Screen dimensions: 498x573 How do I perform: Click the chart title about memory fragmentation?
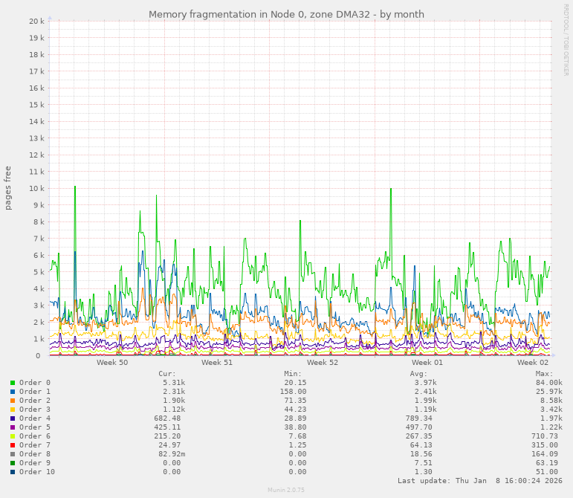(x=286, y=14)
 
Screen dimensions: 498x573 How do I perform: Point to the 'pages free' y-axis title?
(x=8, y=188)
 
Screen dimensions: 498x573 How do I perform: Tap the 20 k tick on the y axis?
(x=37, y=22)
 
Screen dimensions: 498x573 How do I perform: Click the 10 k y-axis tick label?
(x=37, y=189)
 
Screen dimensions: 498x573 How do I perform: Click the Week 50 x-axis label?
(x=112, y=363)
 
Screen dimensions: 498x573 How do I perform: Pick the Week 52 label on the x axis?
(x=323, y=363)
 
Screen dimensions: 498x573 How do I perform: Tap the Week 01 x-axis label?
(x=427, y=363)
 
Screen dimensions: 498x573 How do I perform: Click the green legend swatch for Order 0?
(x=13, y=383)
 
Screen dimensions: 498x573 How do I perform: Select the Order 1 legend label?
(x=35, y=392)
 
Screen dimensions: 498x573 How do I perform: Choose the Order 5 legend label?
(x=35, y=427)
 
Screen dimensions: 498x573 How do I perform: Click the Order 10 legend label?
(x=37, y=472)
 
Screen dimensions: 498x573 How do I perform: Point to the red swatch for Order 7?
(x=13, y=445)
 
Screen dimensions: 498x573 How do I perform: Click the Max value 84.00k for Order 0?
(x=548, y=383)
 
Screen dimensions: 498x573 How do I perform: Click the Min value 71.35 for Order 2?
(x=292, y=401)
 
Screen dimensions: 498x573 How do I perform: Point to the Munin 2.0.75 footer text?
(x=286, y=491)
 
